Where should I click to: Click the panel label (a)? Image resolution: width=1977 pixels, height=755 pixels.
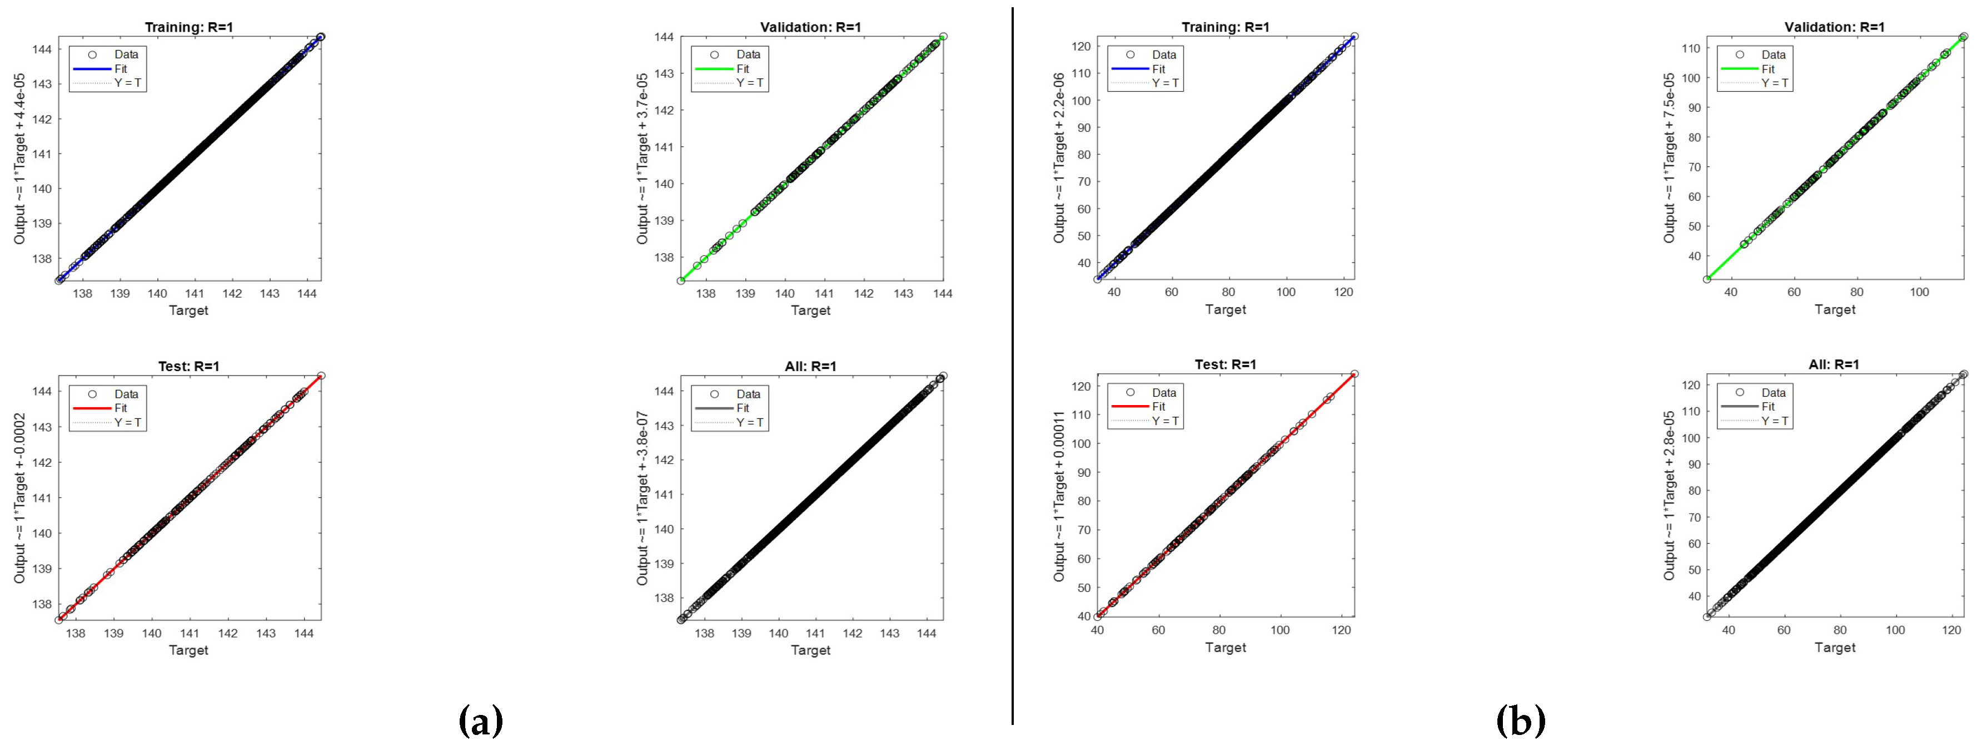(x=480, y=721)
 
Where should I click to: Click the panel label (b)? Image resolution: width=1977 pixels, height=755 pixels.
(x=1520, y=721)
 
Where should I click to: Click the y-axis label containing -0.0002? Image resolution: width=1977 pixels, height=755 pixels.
(x=20, y=498)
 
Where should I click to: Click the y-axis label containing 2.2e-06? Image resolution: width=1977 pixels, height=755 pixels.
(x=1059, y=157)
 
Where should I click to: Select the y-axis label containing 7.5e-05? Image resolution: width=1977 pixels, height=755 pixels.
(x=1669, y=157)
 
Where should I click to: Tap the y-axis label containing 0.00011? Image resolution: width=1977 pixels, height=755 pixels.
(x=1059, y=496)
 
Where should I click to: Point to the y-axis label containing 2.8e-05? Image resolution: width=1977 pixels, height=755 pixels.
(x=1669, y=496)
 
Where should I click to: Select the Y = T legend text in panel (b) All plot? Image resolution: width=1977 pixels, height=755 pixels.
(x=1774, y=421)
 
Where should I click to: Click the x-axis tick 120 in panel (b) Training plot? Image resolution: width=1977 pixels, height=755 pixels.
(x=1343, y=293)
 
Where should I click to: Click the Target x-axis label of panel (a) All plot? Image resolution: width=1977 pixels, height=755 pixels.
(x=810, y=650)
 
